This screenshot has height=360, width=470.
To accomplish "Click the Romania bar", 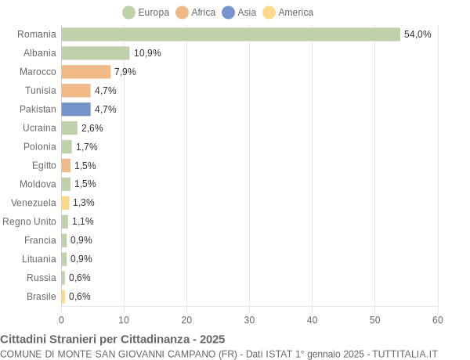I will click(230, 34).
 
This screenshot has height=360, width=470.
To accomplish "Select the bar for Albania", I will click(96, 53).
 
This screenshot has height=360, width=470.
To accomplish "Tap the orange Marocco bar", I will click(86, 72).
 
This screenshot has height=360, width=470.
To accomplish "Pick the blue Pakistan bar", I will click(76, 110).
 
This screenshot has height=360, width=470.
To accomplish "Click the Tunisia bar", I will click(76, 91).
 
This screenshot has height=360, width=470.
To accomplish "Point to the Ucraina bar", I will click(70, 128).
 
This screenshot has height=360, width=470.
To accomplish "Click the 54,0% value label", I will click(418, 34).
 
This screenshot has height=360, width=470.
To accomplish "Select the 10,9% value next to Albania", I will click(147, 53).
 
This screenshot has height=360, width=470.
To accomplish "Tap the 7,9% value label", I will click(125, 72).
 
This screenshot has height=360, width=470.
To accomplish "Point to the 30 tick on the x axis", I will click(250, 319).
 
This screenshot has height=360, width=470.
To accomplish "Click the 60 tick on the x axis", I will click(438, 319).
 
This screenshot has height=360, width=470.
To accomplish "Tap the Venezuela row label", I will click(34, 203).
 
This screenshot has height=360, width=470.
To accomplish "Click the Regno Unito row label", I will click(30, 221).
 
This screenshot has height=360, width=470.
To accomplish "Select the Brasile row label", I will click(42, 297).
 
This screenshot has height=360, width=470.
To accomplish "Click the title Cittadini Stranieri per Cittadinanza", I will click(112, 339).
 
